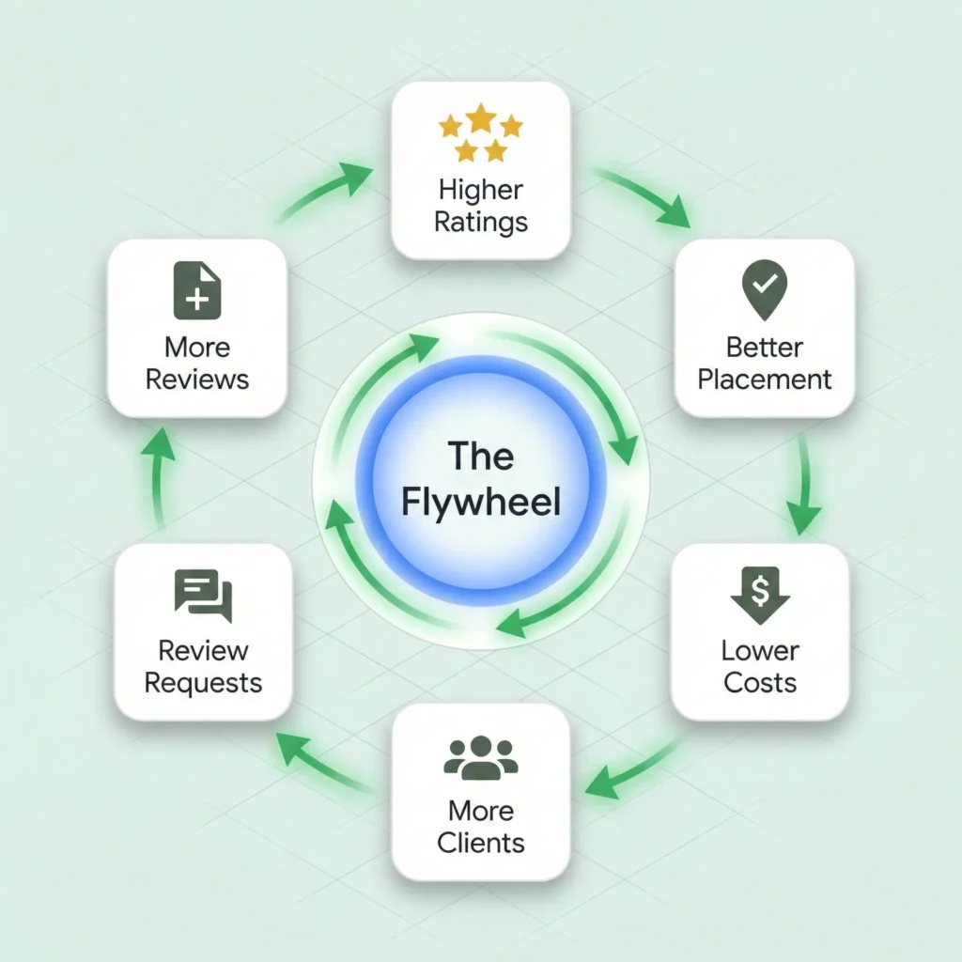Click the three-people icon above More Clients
pyautogui.click(x=480, y=757)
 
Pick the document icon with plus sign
pyautogui.click(x=197, y=291)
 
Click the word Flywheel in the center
pyautogui.click(x=480, y=502)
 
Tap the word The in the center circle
pyautogui.click(x=480, y=456)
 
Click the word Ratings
pyautogui.click(x=480, y=223)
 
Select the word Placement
pyautogui.click(x=765, y=380)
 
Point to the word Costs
pyautogui.click(x=759, y=682)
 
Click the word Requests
pyautogui.click(x=203, y=682)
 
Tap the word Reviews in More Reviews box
pyautogui.click(x=197, y=380)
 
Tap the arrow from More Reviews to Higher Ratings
pyautogui.click(x=324, y=193)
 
